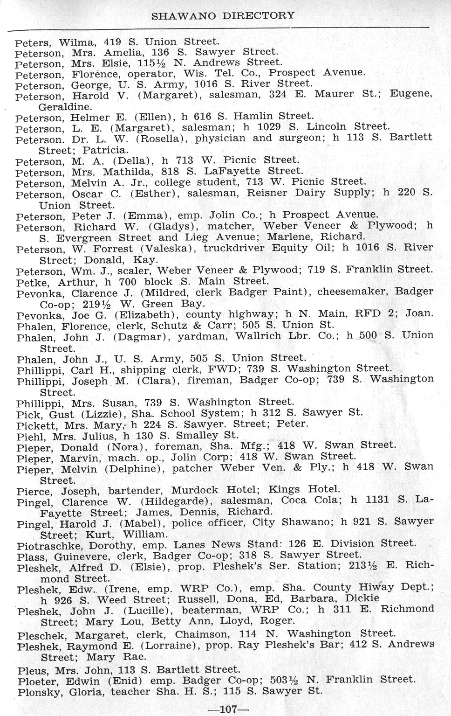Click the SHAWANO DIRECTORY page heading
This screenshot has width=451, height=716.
tap(223, 15)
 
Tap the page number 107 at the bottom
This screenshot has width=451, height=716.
tap(225, 709)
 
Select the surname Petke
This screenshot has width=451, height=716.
tap(30, 283)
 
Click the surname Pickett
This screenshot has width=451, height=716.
tap(34, 425)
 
